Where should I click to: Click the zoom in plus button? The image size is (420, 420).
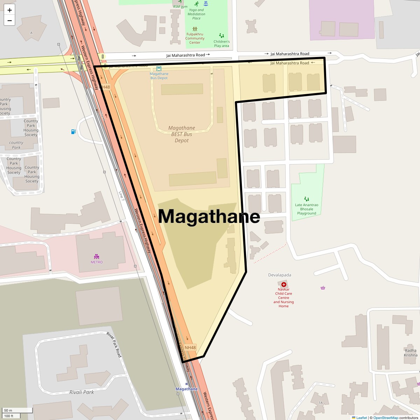point(9,10)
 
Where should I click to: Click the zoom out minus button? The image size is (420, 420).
point(9,20)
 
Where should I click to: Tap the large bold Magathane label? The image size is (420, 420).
point(209,216)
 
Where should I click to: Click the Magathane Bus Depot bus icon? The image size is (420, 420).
point(159,69)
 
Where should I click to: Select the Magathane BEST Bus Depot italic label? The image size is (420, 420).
point(181,134)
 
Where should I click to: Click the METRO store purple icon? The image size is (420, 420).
point(97,257)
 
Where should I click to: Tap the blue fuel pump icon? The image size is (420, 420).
point(73,132)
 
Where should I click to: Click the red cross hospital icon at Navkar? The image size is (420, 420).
point(283,285)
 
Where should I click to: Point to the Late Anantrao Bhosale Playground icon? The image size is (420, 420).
point(307,199)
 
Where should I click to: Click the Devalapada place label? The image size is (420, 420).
point(280,275)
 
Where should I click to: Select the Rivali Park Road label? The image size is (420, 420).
point(114,344)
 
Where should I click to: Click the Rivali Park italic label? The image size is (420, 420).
point(82,392)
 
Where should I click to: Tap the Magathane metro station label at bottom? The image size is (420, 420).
point(186,389)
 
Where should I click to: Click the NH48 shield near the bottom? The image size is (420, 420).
point(190,348)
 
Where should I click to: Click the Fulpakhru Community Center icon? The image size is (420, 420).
point(195,29)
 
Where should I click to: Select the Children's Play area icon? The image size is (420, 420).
point(222,35)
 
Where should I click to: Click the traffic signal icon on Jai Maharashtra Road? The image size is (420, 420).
point(103,56)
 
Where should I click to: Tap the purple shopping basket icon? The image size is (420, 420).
point(323,288)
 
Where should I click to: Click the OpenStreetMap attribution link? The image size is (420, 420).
point(385,418)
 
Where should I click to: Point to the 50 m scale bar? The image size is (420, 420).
point(17,410)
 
